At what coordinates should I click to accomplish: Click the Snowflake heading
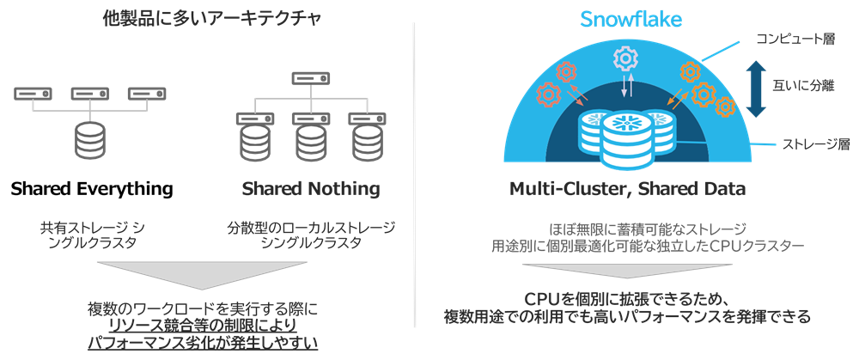(624, 19)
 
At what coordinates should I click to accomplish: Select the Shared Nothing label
(310, 187)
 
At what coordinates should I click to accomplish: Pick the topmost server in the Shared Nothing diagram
(310, 78)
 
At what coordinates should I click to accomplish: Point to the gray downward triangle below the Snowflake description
(624, 274)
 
